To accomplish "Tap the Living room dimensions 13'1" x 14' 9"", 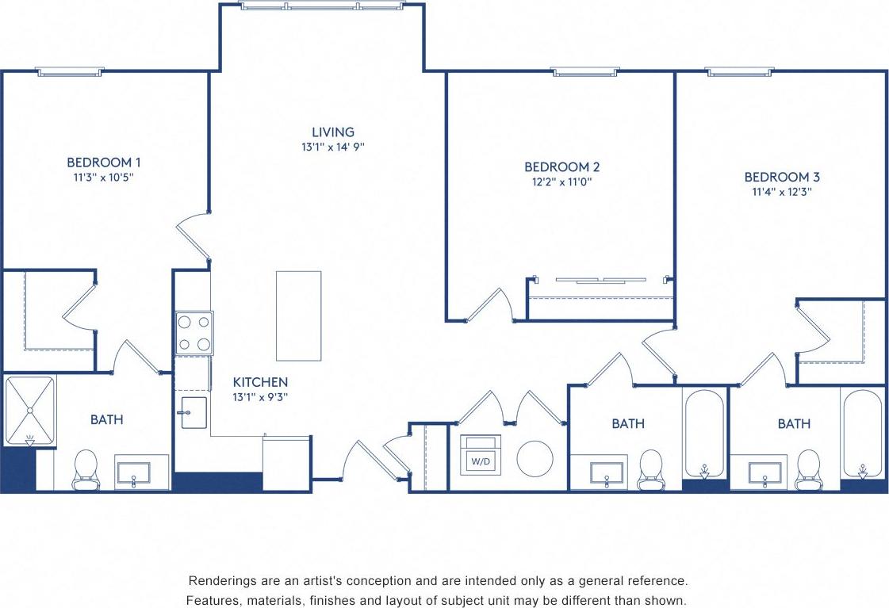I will tap(332, 147).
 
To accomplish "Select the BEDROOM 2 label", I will tap(561, 166).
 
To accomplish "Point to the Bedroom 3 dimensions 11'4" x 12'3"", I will tap(781, 191).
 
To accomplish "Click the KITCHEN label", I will tap(260, 382).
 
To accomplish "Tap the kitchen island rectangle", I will tap(298, 315).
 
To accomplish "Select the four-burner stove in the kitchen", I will tap(194, 333).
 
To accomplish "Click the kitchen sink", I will tap(194, 412).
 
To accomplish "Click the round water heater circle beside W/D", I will tap(535, 458).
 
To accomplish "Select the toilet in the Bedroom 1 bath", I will tap(86, 468).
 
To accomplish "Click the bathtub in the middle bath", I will tap(703, 433).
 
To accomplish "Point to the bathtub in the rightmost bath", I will tap(863, 433).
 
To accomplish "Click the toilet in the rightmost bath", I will tap(808, 468).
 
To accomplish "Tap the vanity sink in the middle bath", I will tap(607, 472).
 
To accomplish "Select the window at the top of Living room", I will tap(322, 6).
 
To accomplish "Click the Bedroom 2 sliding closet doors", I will tap(600, 279).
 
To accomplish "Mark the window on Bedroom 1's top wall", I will tap(70, 72).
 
